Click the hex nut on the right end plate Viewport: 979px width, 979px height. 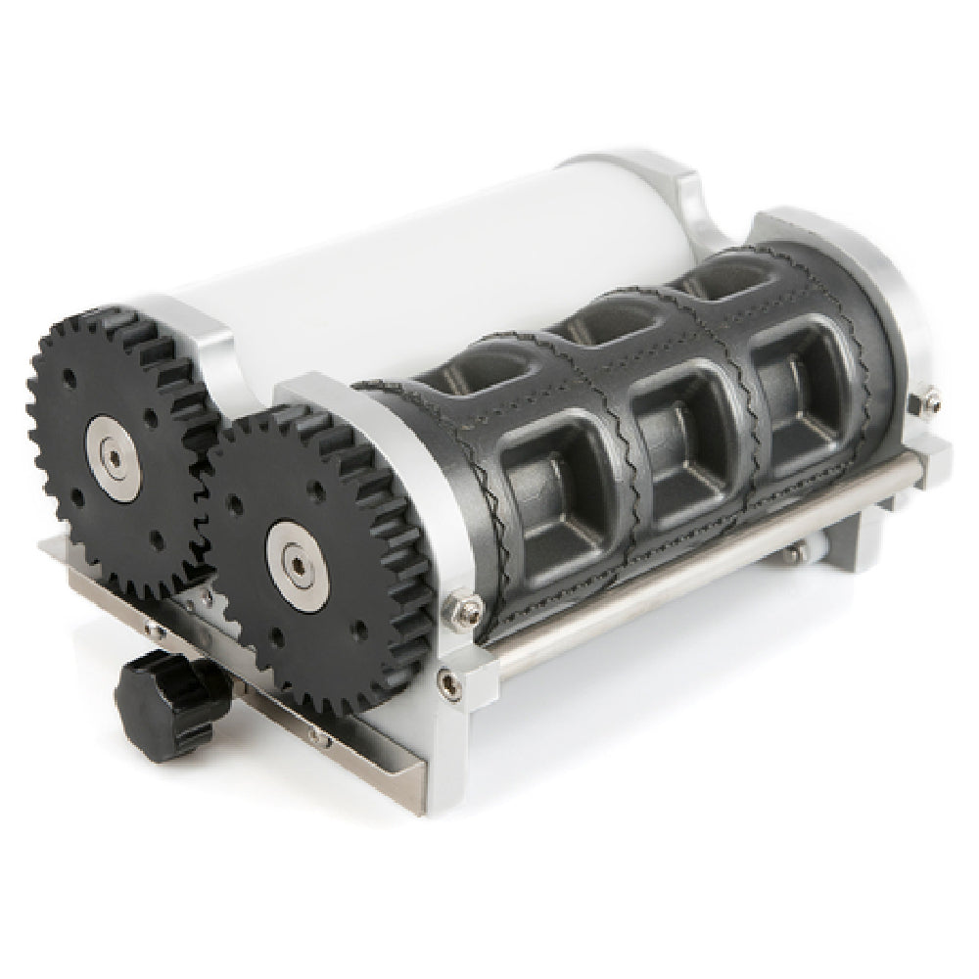[x=927, y=400]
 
